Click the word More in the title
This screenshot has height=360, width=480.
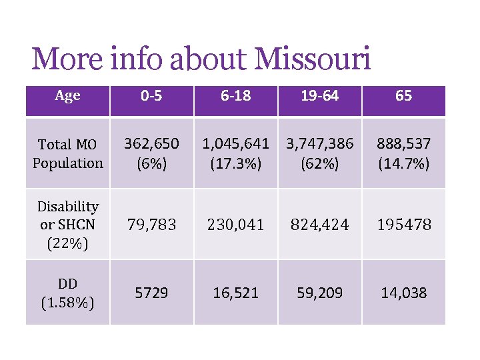pos(64,59)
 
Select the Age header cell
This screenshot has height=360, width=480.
pos(67,96)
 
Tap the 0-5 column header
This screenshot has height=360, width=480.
pos(151,96)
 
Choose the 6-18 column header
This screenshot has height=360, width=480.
pos(235,96)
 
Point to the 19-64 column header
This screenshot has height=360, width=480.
pos(319,96)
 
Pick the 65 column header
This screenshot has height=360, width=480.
pos(403,96)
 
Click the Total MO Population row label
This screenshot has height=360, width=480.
pos(67,153)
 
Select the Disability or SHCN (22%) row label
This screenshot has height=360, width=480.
pos(67,225)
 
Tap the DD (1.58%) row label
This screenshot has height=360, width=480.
pos(67,293)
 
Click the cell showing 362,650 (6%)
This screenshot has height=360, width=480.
pos(151,153)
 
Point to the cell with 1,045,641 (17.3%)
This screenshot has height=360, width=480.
pos(235,153)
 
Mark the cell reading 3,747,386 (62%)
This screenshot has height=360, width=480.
pos(319,153)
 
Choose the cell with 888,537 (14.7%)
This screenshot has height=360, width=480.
pos(403,153)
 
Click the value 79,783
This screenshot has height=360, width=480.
pos(151,225)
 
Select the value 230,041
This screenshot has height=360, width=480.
pos(235,225)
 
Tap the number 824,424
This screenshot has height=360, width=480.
pos(319,225)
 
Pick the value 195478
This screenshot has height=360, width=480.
pos(403,225)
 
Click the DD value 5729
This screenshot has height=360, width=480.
pos(151,293)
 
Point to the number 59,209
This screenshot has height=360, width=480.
pos(319,293)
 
